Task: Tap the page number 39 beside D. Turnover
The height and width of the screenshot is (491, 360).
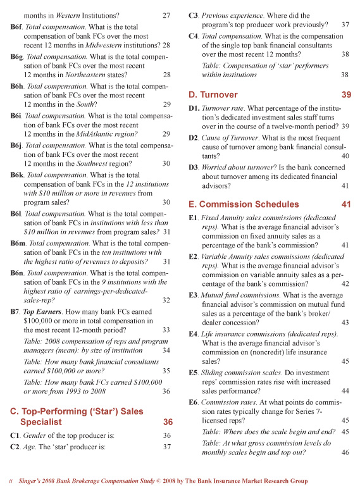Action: pos(345,95)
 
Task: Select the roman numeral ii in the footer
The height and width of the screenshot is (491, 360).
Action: pos(11,482)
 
